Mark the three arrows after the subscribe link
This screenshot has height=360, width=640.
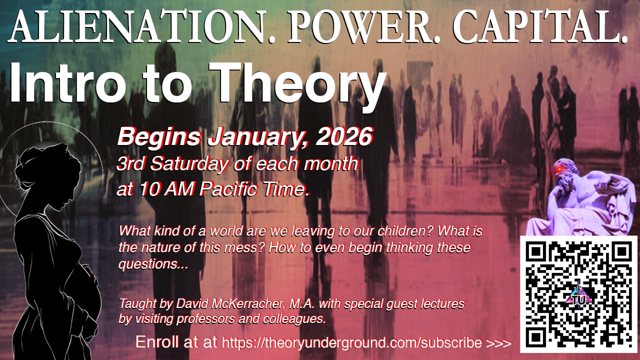click(x=498, y=343)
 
